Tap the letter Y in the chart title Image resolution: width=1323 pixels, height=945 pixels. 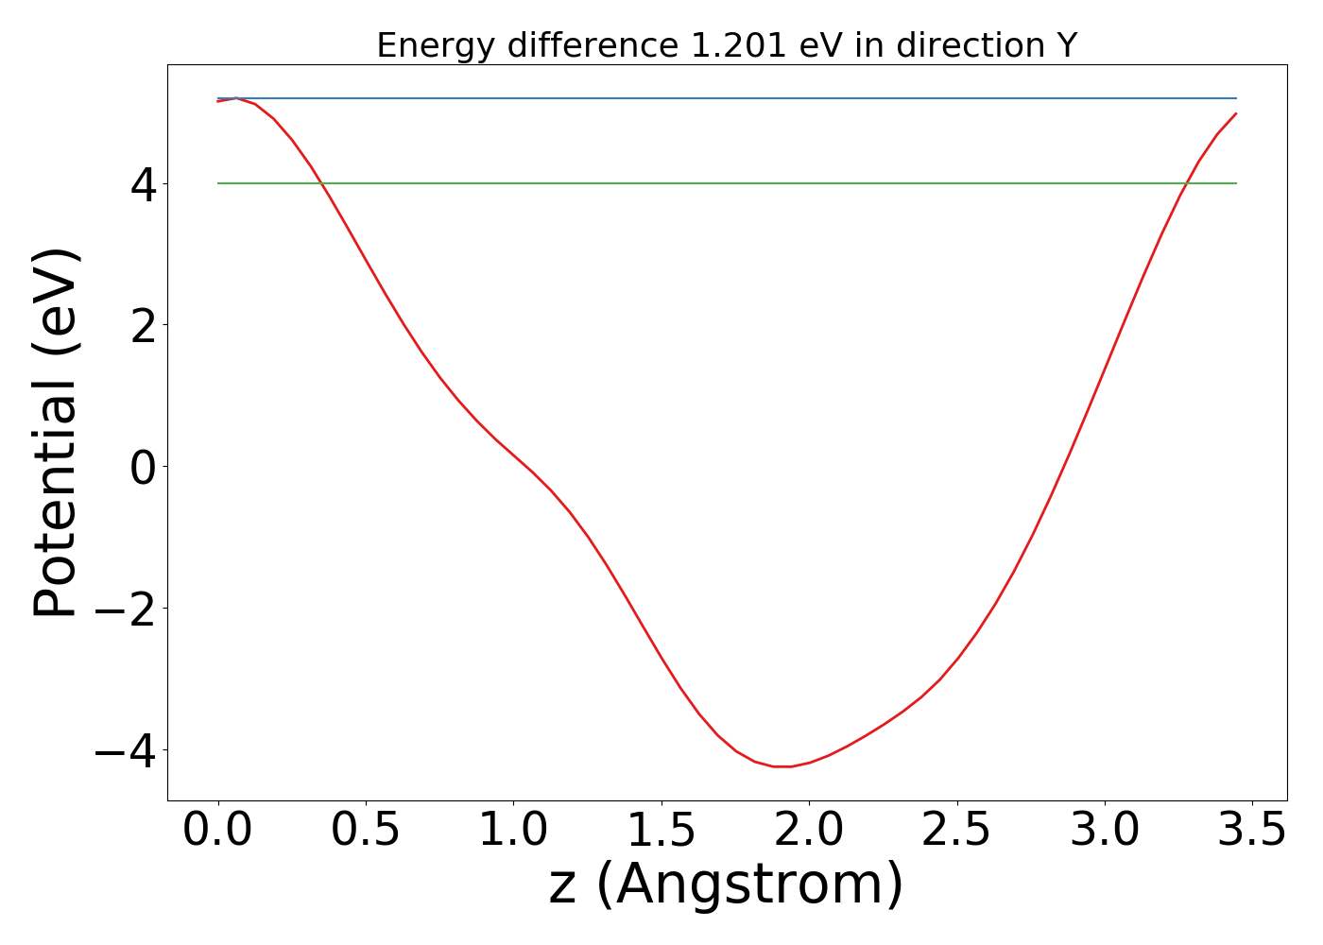(x=1067, y=45)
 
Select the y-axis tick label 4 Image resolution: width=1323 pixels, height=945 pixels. (x=143, y=184)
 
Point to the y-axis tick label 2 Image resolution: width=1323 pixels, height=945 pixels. (x=143, y=325)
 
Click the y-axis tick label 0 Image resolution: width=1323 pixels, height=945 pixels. (x=143, y=467)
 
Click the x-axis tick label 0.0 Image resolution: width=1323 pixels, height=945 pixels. (x=217, y=831)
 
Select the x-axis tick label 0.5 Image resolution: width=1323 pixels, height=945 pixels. (x=365, y=831)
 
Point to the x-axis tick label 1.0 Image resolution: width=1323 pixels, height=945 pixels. (x=513, y=831)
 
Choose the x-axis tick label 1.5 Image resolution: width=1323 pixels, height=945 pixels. (x=661, y=831)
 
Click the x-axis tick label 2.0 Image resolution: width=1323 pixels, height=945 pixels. (x=809, y=831)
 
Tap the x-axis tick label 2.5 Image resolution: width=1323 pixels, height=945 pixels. (x=956, y=831)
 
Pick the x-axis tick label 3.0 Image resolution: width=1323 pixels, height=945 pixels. (x=1105, y=831)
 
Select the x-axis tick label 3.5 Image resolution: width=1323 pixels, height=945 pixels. (x=1252, y=831)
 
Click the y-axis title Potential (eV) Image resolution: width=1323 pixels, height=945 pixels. (x=57, y=433)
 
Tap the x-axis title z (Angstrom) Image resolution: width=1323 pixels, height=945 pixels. (x=726, y=885)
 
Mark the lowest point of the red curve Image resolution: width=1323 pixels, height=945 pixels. (x=782, y=766)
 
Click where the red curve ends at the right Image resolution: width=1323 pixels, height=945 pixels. (x=1236, y=113)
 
